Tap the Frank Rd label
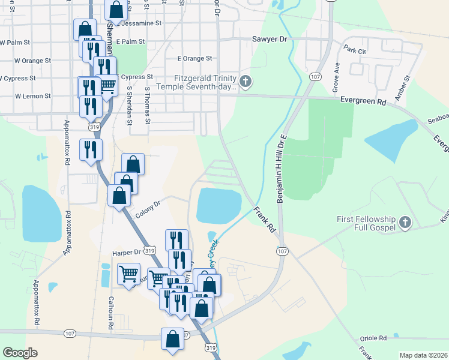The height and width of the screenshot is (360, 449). point(264,220)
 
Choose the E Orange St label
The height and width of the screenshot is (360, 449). point(194,59)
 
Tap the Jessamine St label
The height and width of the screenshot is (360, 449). point(142,24)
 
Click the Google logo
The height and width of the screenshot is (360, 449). point(20,353)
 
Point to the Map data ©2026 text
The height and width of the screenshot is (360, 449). point(423,355)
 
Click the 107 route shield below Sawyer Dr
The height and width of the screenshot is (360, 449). point(315,77)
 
